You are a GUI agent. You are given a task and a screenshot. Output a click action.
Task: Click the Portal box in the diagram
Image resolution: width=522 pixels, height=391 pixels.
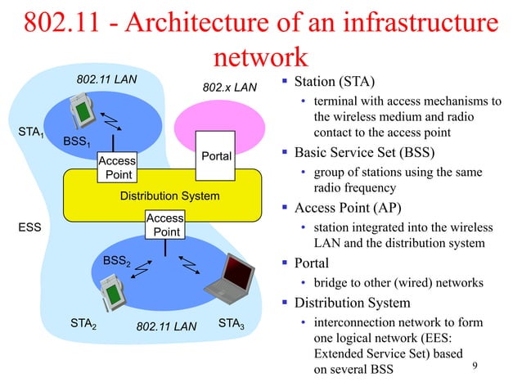coord(216,155)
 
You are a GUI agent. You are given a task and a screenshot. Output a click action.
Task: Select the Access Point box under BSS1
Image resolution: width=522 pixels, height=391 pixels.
coord(117,169)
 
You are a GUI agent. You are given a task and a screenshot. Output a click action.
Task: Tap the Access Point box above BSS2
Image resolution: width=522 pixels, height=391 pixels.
coord(165,225)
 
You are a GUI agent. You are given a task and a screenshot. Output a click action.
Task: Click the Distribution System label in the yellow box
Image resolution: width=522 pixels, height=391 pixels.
coord(169,196)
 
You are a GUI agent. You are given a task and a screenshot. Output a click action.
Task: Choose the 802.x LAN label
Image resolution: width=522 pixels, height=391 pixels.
coord(229,87)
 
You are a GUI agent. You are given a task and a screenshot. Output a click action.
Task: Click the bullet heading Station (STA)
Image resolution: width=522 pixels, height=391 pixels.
coord(335,82)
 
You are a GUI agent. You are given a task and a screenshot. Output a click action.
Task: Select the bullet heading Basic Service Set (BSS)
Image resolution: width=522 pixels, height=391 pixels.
coord(364,153)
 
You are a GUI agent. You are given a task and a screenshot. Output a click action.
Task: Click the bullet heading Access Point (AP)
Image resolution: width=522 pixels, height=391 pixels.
coord(352,206)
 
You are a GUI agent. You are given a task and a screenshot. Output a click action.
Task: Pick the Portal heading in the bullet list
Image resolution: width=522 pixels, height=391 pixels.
coord(312,263)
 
